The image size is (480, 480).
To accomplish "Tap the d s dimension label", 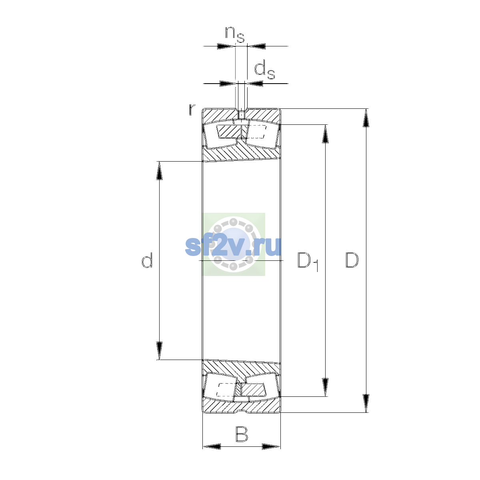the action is tap(264, 71).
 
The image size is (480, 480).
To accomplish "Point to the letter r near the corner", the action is tap(192, 110).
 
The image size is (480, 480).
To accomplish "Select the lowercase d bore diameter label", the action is tap(147, 260).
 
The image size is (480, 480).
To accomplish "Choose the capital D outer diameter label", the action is tap(352, 260).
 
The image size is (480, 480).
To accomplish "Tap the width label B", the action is tap(242, 434).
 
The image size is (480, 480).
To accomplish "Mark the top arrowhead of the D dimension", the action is tap(366, 118).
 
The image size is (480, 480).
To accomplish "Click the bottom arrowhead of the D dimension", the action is tap(366, 403).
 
